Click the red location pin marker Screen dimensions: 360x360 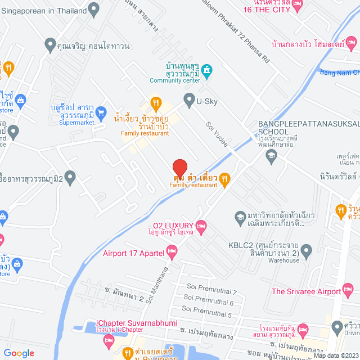tap(179, 168)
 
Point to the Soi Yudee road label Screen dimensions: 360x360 tap(217, 134)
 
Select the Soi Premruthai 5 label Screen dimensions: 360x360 tap(207, 313)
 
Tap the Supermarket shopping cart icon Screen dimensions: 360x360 tap(101, 112)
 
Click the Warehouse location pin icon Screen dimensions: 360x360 tap(306, 250)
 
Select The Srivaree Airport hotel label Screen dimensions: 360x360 tap(306, 291)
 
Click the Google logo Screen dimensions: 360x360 tap(19, 353)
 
